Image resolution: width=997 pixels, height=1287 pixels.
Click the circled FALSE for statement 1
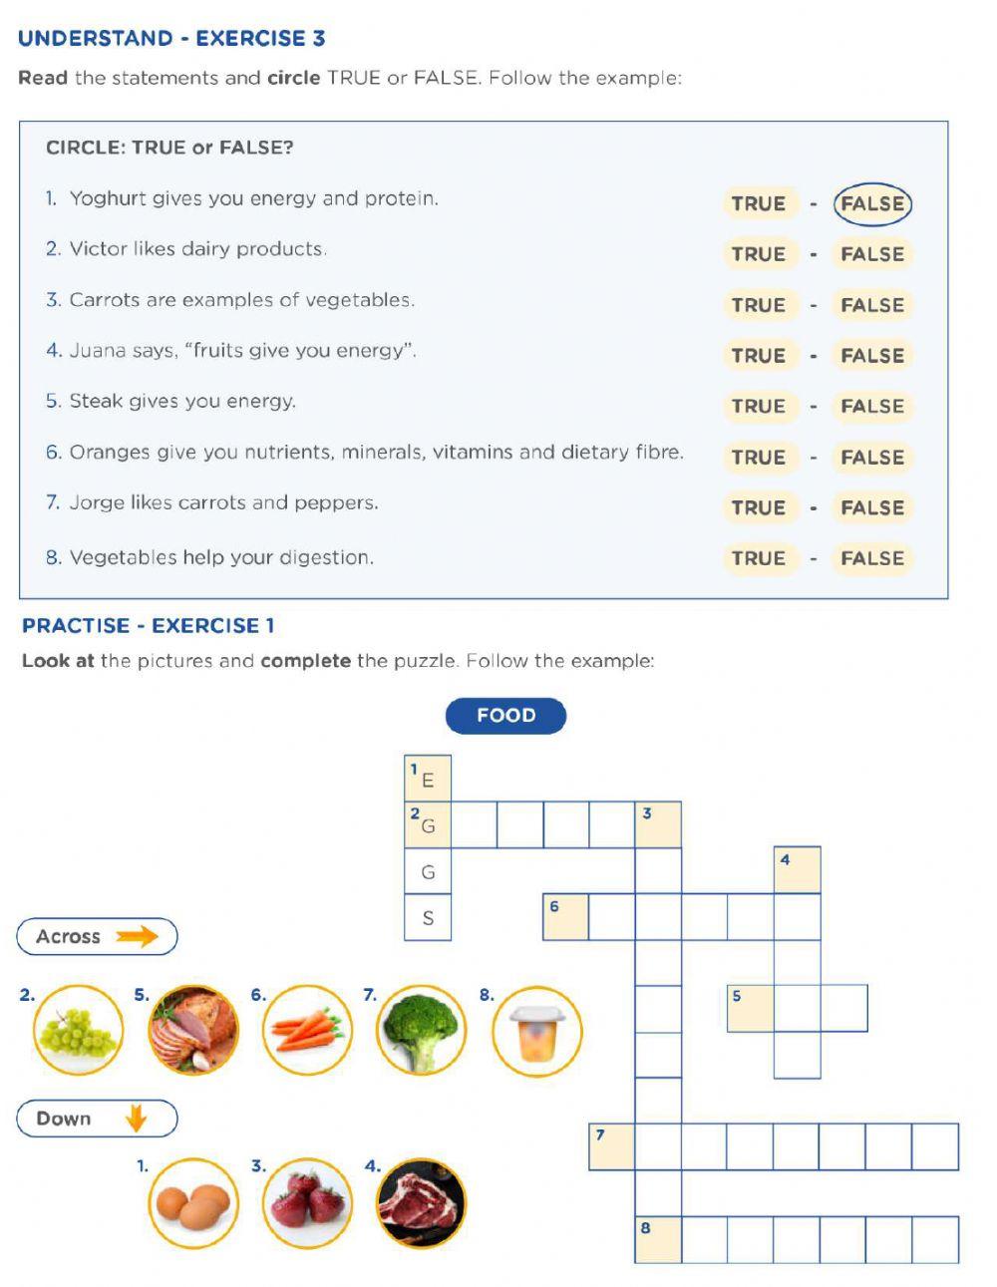click(x=872, y=203)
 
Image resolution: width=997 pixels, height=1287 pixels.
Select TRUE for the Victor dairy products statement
click(x=759, y=254)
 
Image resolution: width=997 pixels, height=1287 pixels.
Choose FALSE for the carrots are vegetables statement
click(x=872, y=305)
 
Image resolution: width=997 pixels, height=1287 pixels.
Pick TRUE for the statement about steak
click(x=759, y=407)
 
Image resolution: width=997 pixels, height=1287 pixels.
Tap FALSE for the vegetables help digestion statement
click(x=872, y=558)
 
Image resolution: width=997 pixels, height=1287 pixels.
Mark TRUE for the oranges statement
click(x=759, y=458)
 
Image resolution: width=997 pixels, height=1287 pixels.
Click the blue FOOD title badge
click(x=505, y=716)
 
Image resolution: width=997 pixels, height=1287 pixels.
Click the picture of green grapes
click(x=79, y=1031)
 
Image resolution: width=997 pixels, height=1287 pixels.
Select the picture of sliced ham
click(x=194, y=1031)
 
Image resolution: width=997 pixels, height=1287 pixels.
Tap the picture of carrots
click(x=308, y=1031)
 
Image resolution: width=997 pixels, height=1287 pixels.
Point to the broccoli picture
click(x=422, y=1031)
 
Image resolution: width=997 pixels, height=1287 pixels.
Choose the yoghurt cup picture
click(x=537, y=1031)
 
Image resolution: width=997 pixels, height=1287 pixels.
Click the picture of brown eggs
click(x=194, y=1203)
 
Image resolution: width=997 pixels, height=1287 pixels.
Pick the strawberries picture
click(x=308, y=1203)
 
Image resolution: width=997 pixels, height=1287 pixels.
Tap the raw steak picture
click(x=422, y=1203)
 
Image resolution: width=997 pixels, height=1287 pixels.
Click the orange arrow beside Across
click(x=137, y=936)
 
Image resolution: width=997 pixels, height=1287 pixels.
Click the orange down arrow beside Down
click(x=136, y=1119)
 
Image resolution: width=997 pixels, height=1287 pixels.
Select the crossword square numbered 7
click(x=611, y=1146)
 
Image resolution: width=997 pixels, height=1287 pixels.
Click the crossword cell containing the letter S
click(x=428, y=918)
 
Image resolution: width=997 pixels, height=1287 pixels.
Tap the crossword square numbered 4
click(x=798, y=870)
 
